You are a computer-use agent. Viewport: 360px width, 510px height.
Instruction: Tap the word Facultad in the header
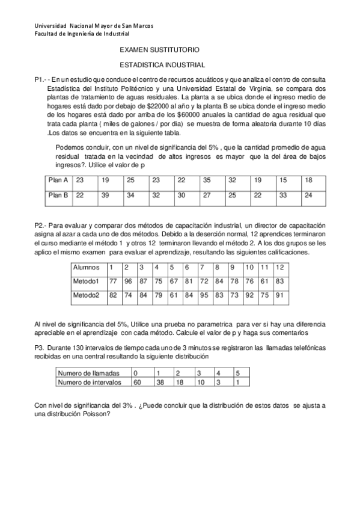click(47, 34)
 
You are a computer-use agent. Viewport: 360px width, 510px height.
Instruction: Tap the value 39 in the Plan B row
click(105, 195)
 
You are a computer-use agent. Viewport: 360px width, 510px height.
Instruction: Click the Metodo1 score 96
click(127, 281)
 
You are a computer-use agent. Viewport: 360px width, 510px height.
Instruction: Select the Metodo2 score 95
click(204, 295)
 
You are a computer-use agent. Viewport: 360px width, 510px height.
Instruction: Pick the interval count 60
click(138, 382)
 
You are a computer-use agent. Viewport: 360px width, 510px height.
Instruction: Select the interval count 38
click(160, 382)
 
